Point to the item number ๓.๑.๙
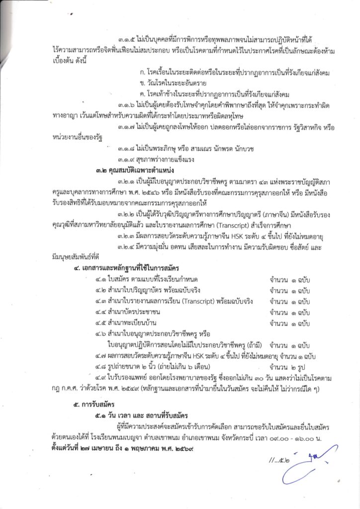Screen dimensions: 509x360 point(128,160)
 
